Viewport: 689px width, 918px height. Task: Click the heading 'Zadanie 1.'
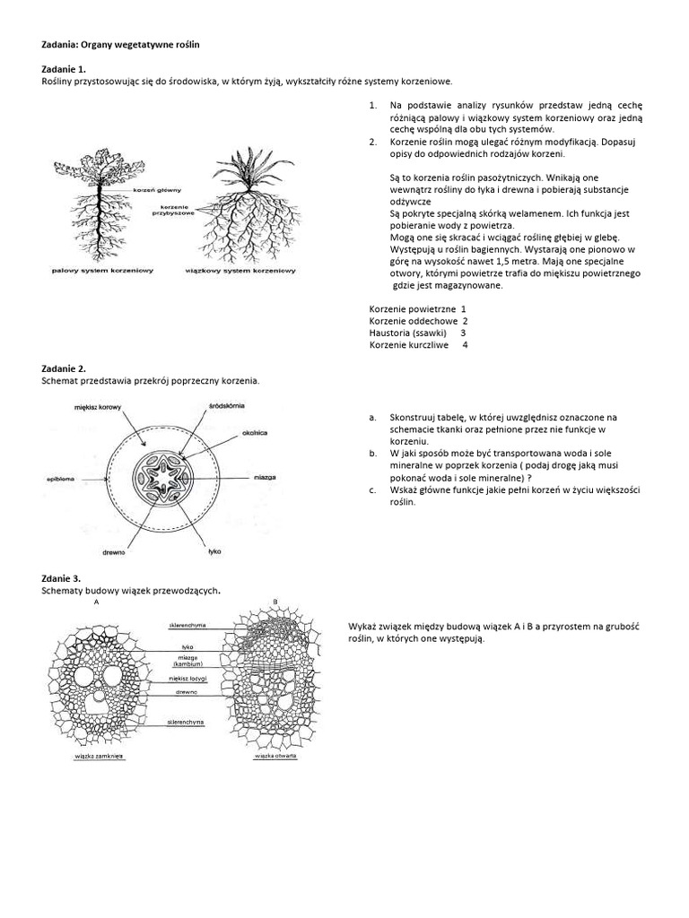tap(64, 69)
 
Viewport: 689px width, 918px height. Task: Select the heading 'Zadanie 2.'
tap(64, 368)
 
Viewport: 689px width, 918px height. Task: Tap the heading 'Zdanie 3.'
tap(61, 579)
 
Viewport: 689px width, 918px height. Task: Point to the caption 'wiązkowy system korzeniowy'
tap(240, 270)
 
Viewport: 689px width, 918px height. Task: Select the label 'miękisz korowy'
tap(98, 407)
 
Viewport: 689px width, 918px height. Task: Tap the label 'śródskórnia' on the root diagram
tap(214, 407)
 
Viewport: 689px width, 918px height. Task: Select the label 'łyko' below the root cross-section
tap(214, 550)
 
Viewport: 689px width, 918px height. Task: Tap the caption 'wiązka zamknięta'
tap(100, 757)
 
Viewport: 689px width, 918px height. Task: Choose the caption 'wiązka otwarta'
tap(275, 757)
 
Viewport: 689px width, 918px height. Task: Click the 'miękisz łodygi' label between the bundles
tap(188, 679)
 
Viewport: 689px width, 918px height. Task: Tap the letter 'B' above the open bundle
tap(275, 601)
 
